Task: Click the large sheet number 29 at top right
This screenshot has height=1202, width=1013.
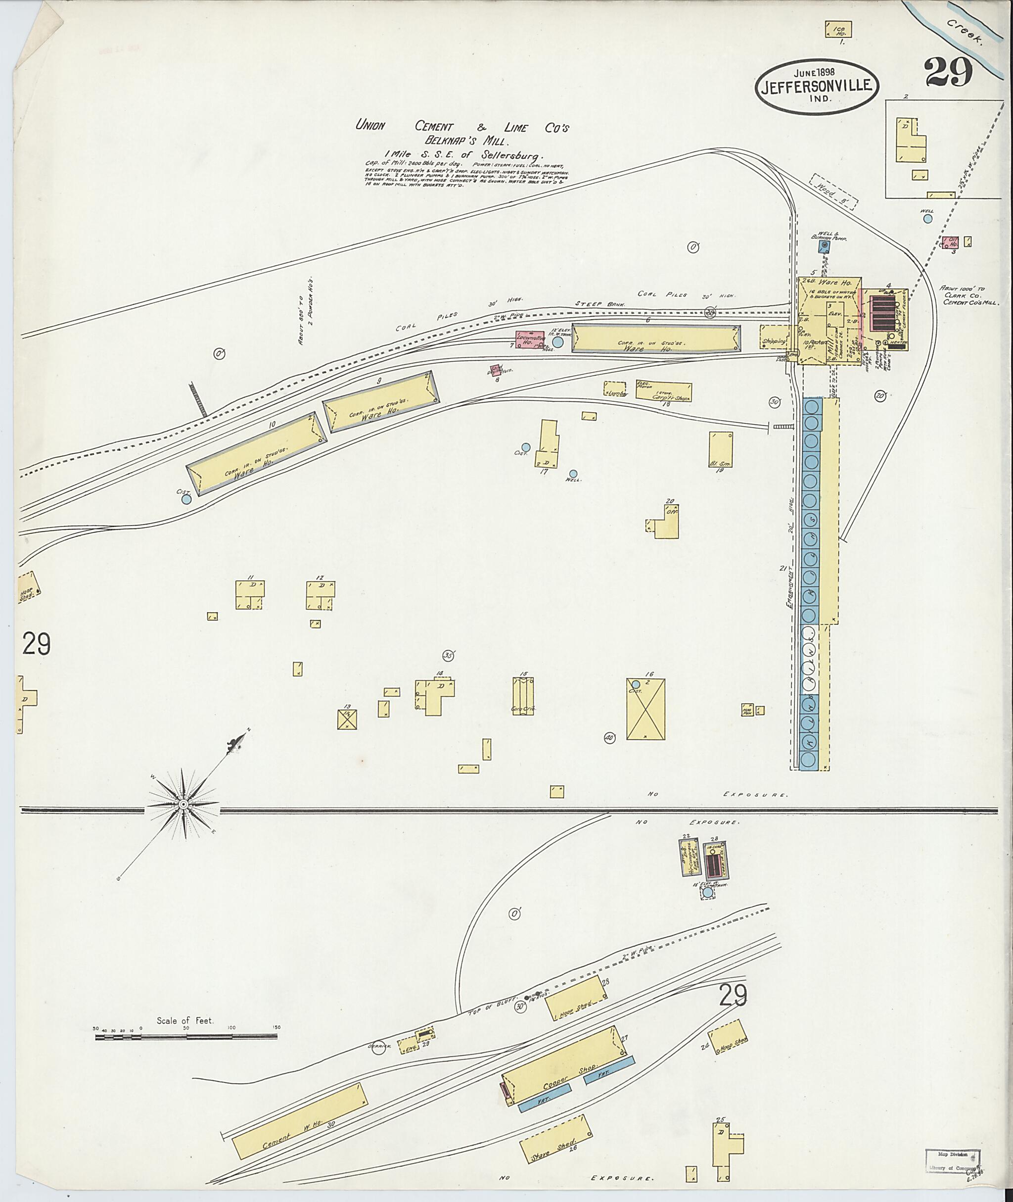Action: [x=948, y=72]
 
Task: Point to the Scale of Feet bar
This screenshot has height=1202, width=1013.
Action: [x=185, y=1037]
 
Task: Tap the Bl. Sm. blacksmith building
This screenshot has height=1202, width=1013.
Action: [x=721, y=450]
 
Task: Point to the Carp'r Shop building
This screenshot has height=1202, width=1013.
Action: [x=664, y=391]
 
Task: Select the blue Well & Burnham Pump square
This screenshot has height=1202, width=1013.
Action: [x=825, y=246]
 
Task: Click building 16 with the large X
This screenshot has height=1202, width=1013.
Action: [x=645, y=709]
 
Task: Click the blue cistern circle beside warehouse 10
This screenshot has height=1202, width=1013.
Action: [x=186, y=499]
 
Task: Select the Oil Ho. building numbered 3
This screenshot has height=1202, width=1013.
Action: [x=950, y=242]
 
